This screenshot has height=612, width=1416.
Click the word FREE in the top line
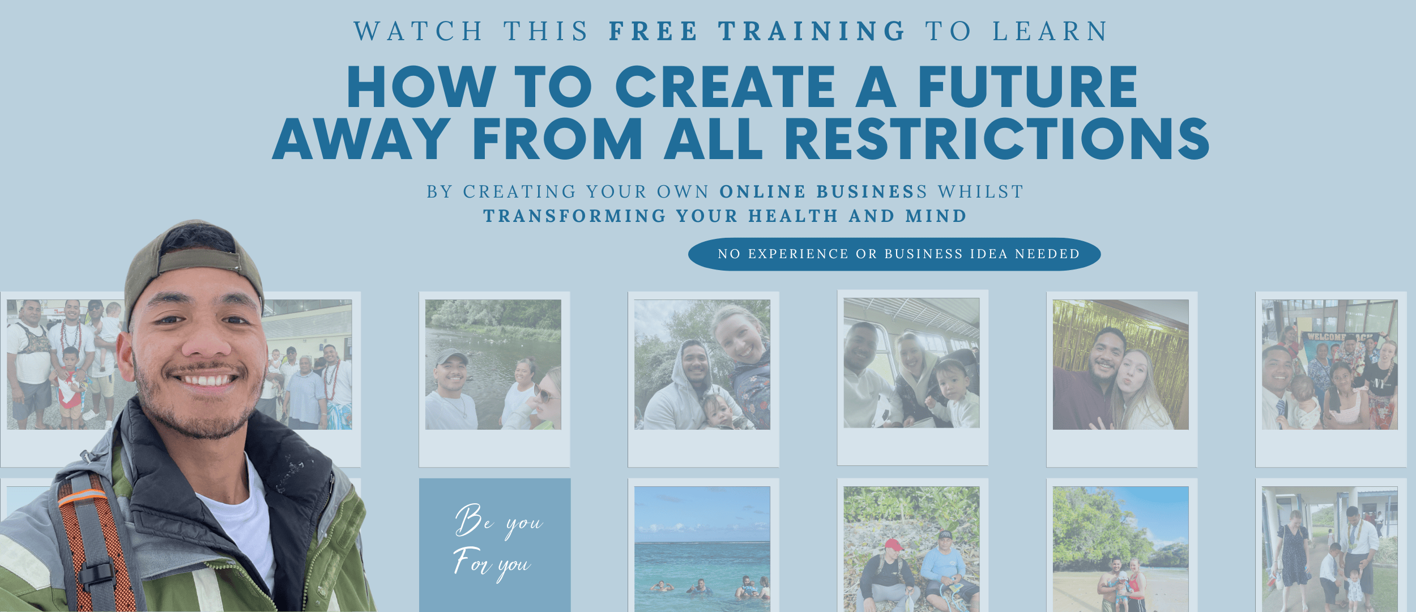[x=653, y=31]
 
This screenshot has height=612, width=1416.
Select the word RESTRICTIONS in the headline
[x=997, y=139]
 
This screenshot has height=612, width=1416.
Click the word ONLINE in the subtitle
[x=762, y=192]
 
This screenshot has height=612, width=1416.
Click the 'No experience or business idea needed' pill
[x=894, y=254]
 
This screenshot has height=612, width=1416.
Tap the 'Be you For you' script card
[x=494, y=545]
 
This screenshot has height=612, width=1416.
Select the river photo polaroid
[x=494, y=379]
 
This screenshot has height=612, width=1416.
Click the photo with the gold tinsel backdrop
[x=1120, y=365]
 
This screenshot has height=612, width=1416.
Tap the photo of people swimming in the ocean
[x=702, y=549]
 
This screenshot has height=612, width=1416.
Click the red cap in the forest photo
[x=893, y=545]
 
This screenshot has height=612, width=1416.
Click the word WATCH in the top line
[x=418, y=31]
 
